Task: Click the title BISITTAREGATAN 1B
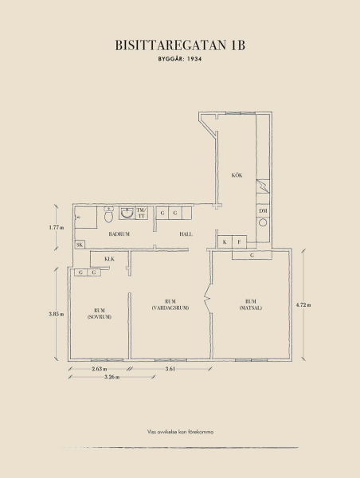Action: click(x=180, y=45)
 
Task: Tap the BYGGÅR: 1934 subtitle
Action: click(x=180, y=59)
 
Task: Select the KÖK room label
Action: click(x=237, y=175)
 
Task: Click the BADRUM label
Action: click(x=119, y=234)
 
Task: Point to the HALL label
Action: click(x=186, y=234)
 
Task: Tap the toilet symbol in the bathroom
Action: click(x=108, y=214)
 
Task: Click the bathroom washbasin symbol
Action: click(x=127, y=213)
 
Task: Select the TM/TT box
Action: click(x=142, y=213)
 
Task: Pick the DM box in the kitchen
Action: click(x=263, y=210)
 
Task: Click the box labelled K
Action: click(x=225, y=242)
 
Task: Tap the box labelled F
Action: click(x=239, y=242)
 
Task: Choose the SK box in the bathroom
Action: click(x=80, y=245)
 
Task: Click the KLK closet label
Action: click(x=109, y=259)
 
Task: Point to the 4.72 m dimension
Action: click(x=303, y=305)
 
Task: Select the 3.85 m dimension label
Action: click(x=56, y=314)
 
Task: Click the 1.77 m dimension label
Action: click(x=57, y=227)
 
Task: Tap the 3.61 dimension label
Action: click(x=170, y=369)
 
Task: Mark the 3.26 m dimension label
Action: click(x=112, y=377)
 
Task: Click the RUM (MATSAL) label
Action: click(x=251, y=305)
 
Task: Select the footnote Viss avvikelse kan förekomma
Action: click(x=180, y=432)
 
